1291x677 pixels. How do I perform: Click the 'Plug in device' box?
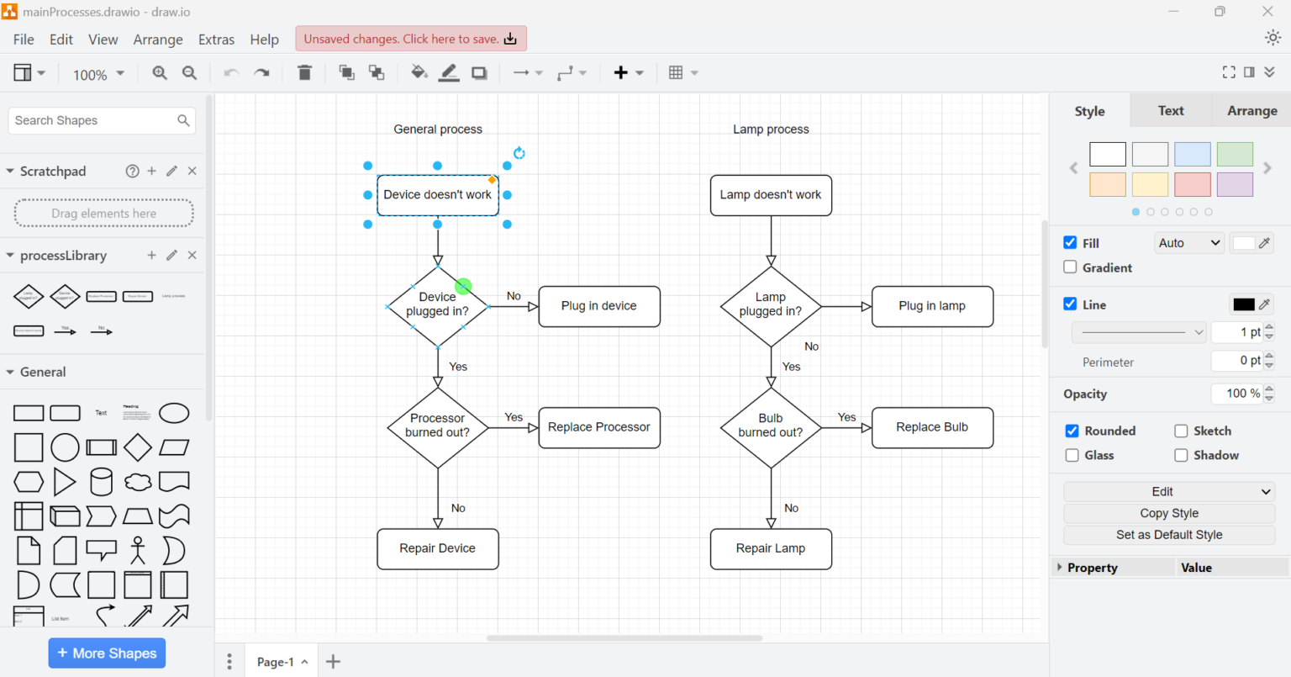pos(598,306)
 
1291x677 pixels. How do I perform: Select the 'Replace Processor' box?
pos(598,427)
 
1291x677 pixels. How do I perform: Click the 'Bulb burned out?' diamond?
pos(770,426)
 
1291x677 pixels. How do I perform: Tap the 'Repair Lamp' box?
pos(770,548)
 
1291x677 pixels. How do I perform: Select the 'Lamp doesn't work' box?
pos(770,195)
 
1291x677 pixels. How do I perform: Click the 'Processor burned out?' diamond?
pos(437,426)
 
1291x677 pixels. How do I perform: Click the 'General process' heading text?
pos(437,130)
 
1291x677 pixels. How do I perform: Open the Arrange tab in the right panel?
pos(1251,111)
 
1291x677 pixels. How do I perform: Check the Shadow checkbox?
pos(1181,455)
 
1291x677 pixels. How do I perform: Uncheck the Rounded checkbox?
pos(1072,431)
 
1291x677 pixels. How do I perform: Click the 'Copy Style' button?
pos(1168,513)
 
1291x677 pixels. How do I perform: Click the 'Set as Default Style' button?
pos(1168,535)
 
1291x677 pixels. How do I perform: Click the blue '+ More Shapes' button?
pos(107,653)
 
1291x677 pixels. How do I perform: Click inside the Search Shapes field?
pos(92,121)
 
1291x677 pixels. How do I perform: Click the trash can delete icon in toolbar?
pos(304,73)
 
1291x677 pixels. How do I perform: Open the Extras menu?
pos(216,40)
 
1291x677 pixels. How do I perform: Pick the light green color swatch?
pos(1234,154)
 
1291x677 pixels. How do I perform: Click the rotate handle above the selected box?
pos(519,153)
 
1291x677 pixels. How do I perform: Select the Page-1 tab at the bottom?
pos(275,662)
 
